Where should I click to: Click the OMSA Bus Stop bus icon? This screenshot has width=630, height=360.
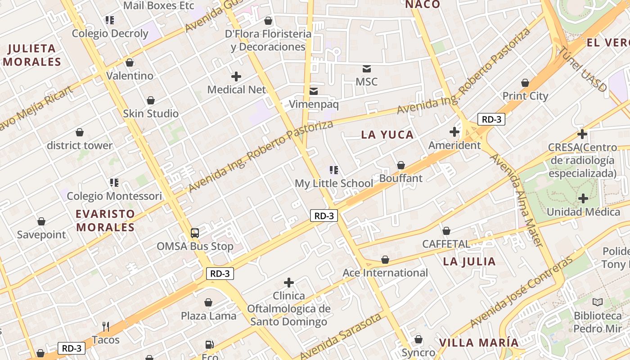pyautogui.click(x=194, y=233)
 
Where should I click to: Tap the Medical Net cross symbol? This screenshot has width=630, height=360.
pyautogui.click(x=236, y=76)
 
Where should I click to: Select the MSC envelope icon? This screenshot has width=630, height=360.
pyautogui.click(x=367, y=69)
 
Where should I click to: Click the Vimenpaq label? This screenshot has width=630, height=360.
pyautogui.click(x=314, y=104)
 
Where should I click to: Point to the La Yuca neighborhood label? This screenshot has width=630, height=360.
pyautogui.click(x=387, y=135)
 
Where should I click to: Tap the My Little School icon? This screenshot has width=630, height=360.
pyautogui.click(x=334, y=170)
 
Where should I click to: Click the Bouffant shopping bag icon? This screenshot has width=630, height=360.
pyautogui.click(x=401, y=165)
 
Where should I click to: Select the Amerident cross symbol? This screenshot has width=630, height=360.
pyautogui.click(x=454, y=132)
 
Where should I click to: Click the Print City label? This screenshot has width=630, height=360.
pyautogui.click(x=525, y=96)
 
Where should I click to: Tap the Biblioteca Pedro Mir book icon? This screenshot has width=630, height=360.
pyautogui.click(x=598, y=302)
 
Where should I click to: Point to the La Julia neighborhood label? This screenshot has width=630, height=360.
pyautogui.click(x=469, y=261)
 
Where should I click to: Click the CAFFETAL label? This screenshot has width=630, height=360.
pyautogui.click(x=446, y=244)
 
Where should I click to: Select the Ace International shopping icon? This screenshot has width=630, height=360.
pyautogui.click(x=385, y=260)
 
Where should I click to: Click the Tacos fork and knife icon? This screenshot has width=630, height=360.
pyautogui.click(x=106, y=326)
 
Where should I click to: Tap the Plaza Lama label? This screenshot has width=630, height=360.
pyautogui.click(x=208, y=316)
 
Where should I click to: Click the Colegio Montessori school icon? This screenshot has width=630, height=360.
pyautogui.click(x=114, y=183)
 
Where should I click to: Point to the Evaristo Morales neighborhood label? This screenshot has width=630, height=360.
pyautogui.click(x=105, y=220)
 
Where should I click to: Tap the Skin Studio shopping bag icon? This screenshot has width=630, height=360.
pyautogui.click(x=151, y=100)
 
